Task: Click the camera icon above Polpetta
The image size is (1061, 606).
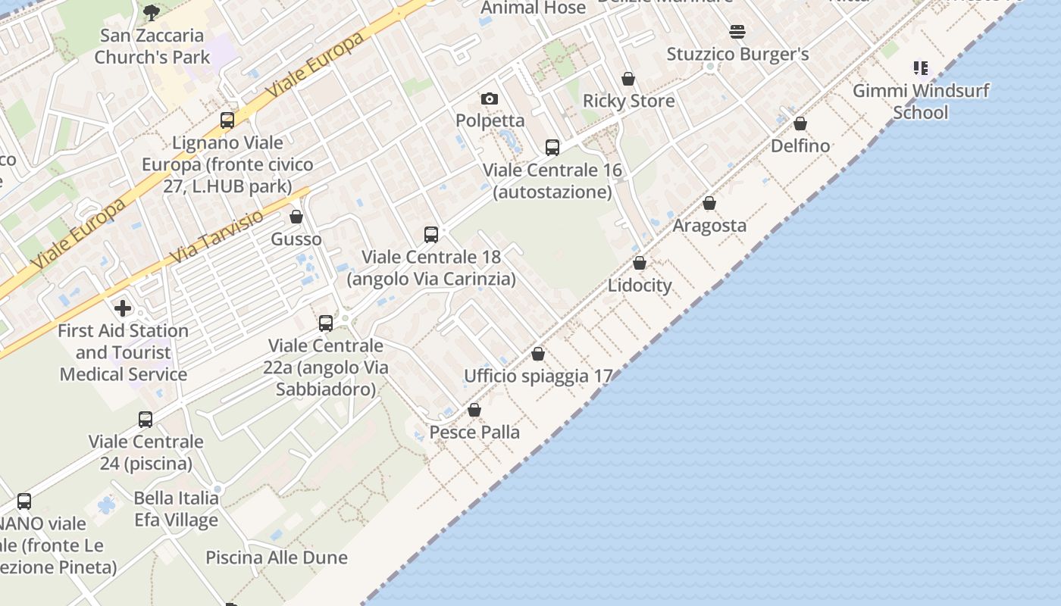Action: click(x=490, y=98)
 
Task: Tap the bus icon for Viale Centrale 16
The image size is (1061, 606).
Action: click(x=552, y=148)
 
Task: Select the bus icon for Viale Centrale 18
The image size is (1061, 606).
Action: click(x=431, y=235)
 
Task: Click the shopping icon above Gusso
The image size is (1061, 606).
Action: click(x=296, y=217)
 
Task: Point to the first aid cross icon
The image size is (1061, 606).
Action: click(x=123, y=308)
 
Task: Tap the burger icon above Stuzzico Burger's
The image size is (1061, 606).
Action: click(x=737, y=32)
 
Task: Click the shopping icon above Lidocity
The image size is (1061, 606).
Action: click(x=640, y=263)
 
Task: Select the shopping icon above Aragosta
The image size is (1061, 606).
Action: click(x=709, y=203)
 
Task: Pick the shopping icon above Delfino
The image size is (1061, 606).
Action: click(x=800, y=123)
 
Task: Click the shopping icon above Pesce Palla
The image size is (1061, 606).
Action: click(x=474, y=410)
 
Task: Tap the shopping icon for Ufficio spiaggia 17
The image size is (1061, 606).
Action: click(x=538, y=354)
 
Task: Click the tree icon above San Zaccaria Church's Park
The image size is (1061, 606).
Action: click(x=152, y=12)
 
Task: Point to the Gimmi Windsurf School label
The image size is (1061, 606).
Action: click(x=921, y=102)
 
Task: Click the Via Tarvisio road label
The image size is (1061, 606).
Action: click(x=217, y=236)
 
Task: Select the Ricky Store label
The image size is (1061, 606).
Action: click(x=628, y=101)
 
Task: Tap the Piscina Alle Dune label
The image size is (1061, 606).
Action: click(x=277, y=558)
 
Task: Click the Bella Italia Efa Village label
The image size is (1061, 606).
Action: click(x=177, y=508)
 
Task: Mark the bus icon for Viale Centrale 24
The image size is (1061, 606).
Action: click(x=146, y=420)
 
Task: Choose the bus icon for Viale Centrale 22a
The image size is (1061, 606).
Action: click(x=326, y=323)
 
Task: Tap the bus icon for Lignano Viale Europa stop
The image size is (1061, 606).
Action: click(x=227, y=120)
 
